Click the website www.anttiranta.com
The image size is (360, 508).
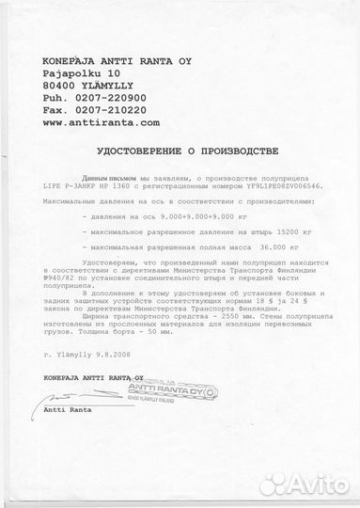coord(101,122)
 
